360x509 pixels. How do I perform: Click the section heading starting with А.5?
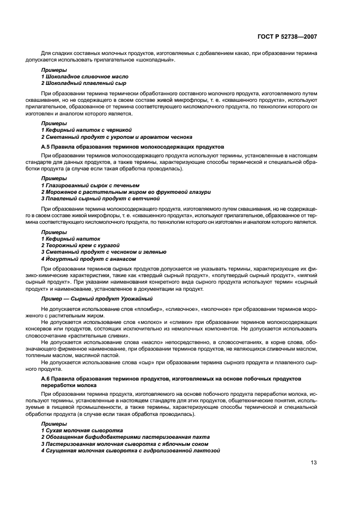(132, 147)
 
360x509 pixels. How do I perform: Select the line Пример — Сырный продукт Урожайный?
(97, 299)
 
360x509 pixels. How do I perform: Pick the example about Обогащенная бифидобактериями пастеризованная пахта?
(125, 437)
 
